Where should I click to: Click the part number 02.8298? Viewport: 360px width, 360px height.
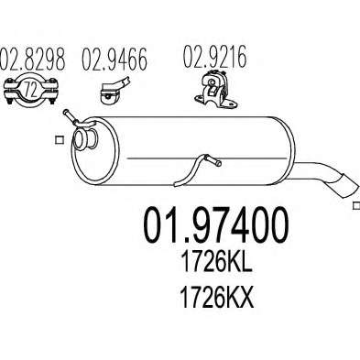click(x=33, y=59)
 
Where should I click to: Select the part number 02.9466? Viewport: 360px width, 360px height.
click(x=115, y=59)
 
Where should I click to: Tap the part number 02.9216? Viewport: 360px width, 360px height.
click(x=214, y=57)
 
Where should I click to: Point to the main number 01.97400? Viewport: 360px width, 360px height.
click(x=215, y=224)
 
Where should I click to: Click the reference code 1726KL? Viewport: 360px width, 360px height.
click(x=216, y=263)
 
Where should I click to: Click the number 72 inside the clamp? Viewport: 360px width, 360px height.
click(x=30, y=90)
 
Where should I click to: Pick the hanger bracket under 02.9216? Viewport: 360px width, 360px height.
click(x=216, y=90)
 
